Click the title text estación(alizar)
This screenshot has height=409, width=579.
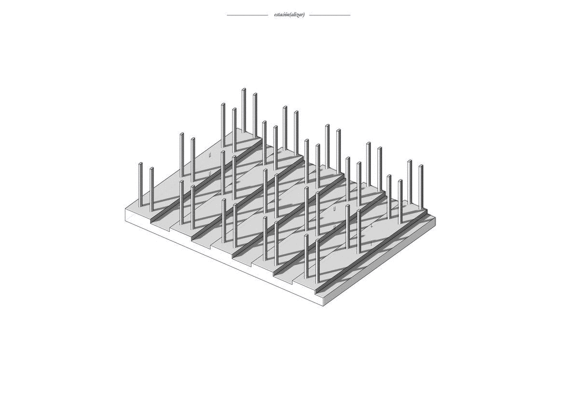[289, 15]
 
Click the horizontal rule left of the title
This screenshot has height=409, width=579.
[248, 15]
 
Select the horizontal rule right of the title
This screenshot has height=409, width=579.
[330, 15]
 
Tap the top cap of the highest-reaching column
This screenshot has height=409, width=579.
[244, 89]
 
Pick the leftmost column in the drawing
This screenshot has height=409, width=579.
[140, 185]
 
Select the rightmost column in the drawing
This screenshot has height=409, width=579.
[421, 186]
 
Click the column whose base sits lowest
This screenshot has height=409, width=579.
[317, 261]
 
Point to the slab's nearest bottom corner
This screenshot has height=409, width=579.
[323, 306]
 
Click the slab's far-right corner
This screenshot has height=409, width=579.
[435, 218]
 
